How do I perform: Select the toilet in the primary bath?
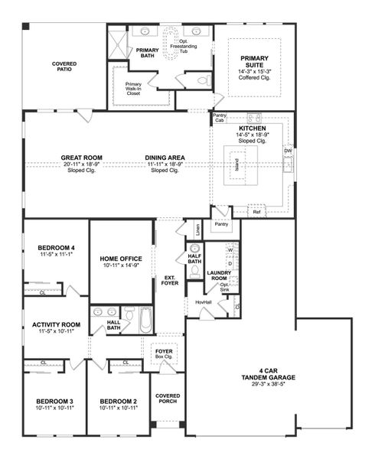204,80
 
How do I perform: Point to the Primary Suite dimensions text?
254,71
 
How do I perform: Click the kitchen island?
239,165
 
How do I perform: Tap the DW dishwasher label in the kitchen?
288,151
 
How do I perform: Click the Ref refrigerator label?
256,212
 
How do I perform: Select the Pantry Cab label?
220,118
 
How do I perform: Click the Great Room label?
82,158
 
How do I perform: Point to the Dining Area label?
165,158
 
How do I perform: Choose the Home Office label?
122,259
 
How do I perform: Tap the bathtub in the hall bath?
145,319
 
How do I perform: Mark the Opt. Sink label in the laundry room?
224,286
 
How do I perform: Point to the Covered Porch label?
168,399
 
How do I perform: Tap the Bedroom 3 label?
54,402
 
